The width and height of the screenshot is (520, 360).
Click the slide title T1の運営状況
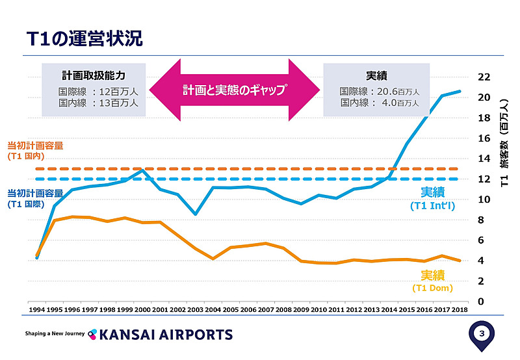coord(84,37)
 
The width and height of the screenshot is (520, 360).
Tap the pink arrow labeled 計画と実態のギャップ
coord(234,90)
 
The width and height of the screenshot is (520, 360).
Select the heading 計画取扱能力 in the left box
coord(94,75)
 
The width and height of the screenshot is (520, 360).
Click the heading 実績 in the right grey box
coord(377,75)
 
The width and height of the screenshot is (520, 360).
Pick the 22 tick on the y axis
coord(484,77)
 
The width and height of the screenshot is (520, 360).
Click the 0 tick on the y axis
coord(480,302)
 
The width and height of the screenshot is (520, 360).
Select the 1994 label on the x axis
coord(36,311)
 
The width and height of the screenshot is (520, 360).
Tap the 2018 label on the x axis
coord(460,311)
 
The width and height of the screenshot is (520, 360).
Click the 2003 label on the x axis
coord(195,311)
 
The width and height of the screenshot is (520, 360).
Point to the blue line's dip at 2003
coord(195,214)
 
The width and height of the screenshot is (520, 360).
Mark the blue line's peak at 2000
coord(142,170)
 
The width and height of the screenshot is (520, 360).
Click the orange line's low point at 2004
coord(213,259)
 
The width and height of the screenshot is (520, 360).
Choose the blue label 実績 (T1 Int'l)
coord(432,198)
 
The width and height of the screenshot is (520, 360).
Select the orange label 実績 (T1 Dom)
coord(432,281)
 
